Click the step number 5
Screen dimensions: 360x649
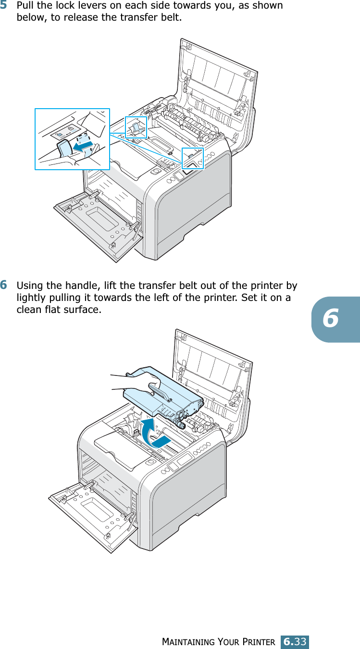3,5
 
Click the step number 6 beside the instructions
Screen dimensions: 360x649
3,285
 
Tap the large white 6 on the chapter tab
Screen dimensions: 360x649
331,318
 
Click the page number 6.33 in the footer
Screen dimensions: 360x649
295,641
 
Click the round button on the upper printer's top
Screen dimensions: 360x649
156,171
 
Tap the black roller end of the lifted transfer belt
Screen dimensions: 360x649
181,425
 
